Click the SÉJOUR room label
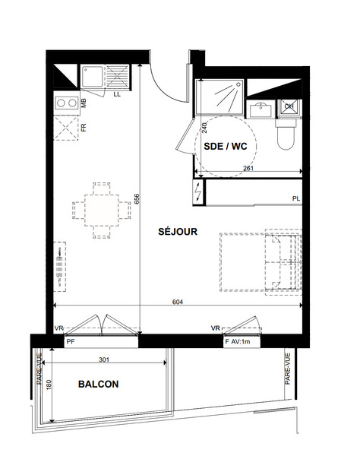178,232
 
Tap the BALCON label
98,384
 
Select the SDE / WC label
225,146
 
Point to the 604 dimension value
178,302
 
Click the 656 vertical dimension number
137,199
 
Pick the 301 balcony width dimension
104,359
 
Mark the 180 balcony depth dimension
49,385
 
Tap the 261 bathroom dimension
248,168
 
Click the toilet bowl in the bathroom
286,135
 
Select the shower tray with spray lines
219,97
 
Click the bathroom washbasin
261,109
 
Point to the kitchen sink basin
93,77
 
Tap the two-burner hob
67,103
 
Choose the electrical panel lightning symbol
199,192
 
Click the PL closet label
296,198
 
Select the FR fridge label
84,128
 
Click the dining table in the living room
102,211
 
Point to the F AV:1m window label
238,342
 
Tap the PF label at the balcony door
71,342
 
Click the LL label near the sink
117,94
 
